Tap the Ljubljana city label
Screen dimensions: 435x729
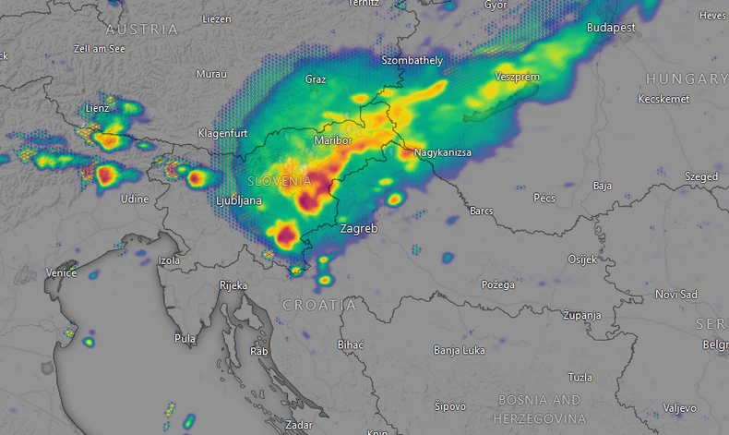(238, 200)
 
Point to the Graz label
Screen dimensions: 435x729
(316, 79)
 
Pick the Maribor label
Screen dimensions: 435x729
(333, 140)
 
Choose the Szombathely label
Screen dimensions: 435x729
(412, 61)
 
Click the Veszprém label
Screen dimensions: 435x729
(517, 77)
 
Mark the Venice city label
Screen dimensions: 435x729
(62, 273)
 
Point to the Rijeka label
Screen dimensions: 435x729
(233, 286)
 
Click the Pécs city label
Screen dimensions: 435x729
(544, 199)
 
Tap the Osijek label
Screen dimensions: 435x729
(581, 260)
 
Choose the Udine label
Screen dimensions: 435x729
(136, 199)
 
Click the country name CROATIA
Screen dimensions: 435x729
(318, 305)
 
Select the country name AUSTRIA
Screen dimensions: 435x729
(141, 30)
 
